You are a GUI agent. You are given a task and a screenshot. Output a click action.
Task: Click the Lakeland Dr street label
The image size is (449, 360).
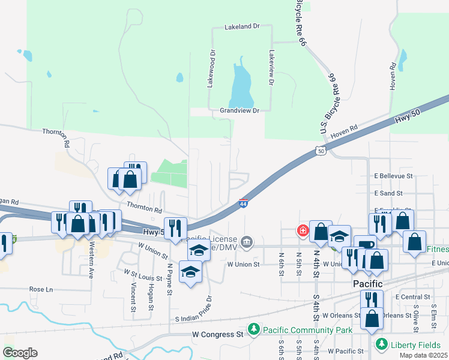241,27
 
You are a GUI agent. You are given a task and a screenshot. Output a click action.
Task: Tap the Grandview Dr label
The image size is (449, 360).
239,111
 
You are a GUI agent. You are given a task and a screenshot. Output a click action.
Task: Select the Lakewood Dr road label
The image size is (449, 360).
211,70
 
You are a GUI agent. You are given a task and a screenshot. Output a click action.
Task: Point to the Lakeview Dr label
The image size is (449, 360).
271,70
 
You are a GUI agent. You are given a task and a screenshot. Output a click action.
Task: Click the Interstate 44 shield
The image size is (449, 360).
244,205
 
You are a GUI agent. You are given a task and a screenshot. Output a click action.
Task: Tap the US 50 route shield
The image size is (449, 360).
321,151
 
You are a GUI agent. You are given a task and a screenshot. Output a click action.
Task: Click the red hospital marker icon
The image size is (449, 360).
303,230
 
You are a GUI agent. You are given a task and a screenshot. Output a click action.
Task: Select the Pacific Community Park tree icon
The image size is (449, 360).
255,329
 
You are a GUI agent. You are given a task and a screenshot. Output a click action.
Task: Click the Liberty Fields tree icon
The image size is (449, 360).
381,344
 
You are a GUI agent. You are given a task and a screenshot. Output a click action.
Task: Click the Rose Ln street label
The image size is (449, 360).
41,289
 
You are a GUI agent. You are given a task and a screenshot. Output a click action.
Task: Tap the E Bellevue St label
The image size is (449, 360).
394,176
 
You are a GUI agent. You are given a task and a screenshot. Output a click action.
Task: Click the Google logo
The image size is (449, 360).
20,353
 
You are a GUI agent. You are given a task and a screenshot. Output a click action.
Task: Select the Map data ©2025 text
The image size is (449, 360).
423,355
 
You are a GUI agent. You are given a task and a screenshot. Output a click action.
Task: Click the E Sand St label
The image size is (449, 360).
388,194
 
